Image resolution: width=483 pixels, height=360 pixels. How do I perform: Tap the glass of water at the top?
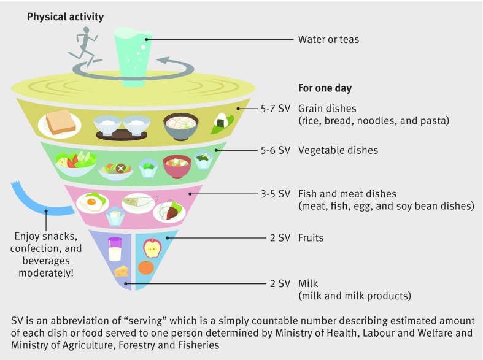tap(133, 56)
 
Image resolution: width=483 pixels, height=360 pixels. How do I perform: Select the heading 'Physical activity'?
tap(65, 17)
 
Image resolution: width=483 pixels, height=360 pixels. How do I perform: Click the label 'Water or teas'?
tap(328, 39)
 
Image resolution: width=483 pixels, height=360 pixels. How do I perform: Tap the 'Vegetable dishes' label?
tap(338, 150)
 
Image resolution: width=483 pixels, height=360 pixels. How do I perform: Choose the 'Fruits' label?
tap(311, 237)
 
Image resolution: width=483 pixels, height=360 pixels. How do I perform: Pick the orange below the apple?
tap(146, 267)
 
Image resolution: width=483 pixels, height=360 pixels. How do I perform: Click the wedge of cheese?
tap(123, 270)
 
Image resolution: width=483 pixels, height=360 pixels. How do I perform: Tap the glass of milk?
tap(115, 248)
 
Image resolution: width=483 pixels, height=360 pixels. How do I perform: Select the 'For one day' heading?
tap(325, 88)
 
